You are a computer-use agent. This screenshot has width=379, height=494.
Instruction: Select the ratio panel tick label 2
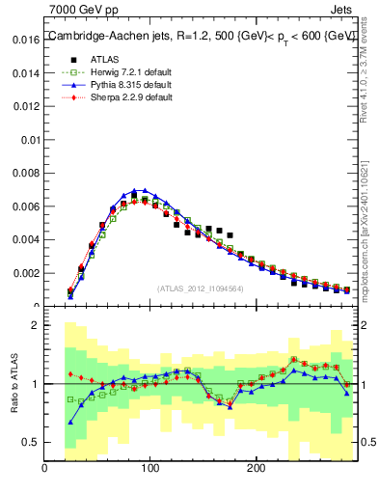(34, 325)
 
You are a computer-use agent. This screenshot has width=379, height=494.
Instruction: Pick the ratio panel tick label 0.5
(29, 442)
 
